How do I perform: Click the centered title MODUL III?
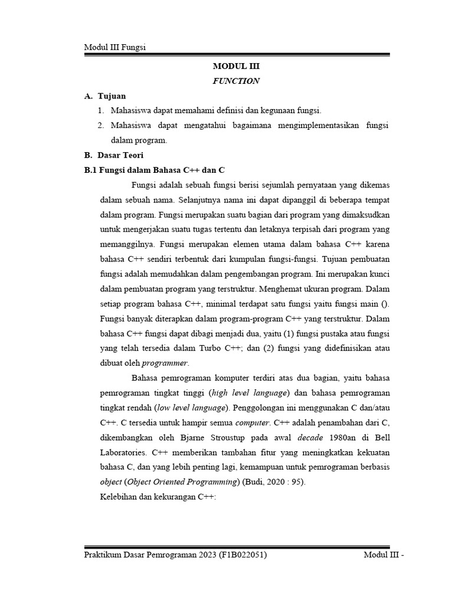tap(235, 67)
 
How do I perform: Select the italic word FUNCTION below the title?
tap(236, 81)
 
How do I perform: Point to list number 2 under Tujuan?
tap(101, 125)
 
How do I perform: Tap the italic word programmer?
tap(165, 363)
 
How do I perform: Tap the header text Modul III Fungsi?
tap(115, 48)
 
